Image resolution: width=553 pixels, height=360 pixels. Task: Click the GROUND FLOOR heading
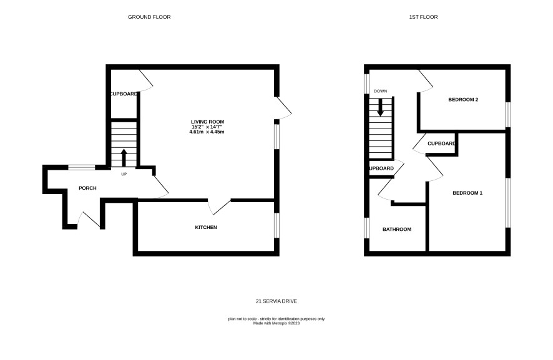149,17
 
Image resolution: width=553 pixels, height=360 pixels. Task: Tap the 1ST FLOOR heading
423,17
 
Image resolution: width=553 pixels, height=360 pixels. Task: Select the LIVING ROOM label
207,122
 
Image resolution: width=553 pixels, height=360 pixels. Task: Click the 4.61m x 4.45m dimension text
207,132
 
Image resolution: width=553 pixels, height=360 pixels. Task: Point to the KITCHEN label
206,228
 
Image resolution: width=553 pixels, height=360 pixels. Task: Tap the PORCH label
87,188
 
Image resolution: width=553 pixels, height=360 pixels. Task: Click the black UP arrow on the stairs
124,158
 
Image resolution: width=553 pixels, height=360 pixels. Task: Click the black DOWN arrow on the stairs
380,107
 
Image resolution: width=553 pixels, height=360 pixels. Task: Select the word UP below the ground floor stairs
124,174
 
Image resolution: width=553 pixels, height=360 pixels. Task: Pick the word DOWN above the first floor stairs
380,91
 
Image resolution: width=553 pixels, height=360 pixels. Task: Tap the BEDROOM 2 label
463,100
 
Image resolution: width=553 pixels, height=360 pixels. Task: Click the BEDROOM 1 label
467,193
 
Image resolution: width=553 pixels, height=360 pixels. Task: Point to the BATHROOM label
397,230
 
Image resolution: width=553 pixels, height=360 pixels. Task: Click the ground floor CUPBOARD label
124,94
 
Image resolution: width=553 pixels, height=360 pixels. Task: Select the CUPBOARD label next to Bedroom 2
441,144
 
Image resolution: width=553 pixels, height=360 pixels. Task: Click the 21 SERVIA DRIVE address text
276,301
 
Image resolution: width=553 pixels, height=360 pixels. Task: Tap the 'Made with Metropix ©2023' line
276,323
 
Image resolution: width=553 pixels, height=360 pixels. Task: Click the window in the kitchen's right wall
277,225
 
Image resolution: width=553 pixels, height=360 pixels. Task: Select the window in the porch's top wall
82,167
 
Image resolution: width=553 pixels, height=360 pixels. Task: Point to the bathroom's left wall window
366,228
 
